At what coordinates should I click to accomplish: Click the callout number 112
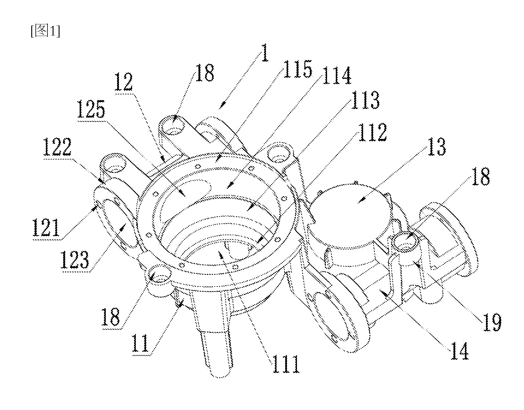pyautogui.click(x=372, y=132)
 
